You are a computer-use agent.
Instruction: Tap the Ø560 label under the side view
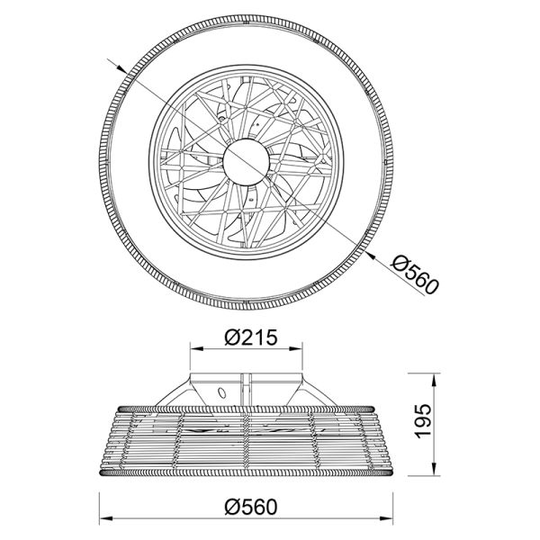coord(248,507)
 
